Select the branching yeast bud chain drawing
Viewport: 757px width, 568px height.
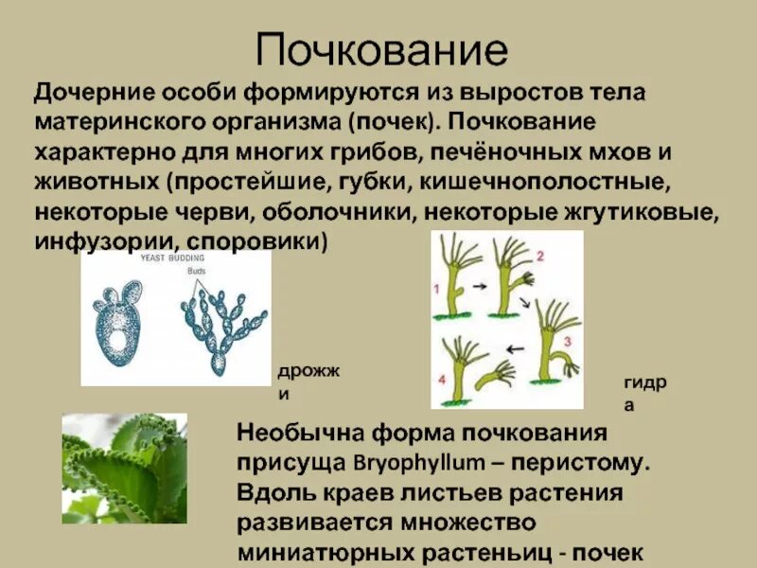point(219,327)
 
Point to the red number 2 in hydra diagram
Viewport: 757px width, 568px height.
point(539,257)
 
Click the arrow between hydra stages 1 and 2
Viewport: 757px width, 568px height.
point(479,283)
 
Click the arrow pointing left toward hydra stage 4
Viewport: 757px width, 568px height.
point(517,347)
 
